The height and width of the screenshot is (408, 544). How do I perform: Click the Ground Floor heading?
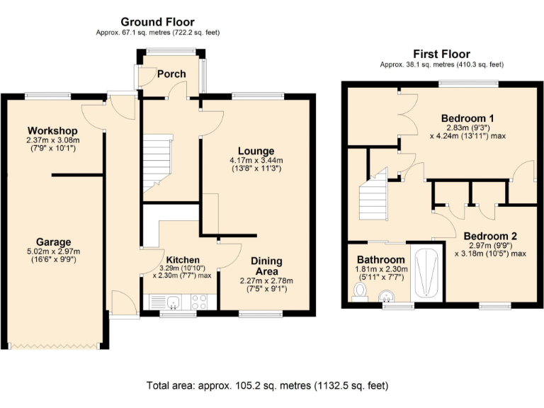(157, 23)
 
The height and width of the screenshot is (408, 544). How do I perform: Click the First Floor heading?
(441, 54)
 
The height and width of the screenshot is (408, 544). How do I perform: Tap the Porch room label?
(171, 74)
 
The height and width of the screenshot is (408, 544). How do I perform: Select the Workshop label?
(52, 131)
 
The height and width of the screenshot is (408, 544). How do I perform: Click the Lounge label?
(256, 151)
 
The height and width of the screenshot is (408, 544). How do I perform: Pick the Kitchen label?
(182, 260)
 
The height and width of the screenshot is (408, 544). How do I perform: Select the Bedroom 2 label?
(490, 236)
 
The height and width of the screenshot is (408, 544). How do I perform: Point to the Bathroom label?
(380, 260)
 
